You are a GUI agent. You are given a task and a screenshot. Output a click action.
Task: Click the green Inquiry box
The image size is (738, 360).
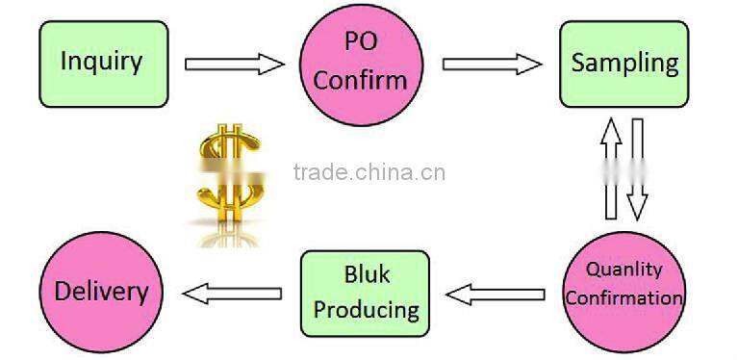click(101, 64)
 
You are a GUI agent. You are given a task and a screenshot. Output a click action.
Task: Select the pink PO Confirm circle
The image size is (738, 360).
click(361, 64)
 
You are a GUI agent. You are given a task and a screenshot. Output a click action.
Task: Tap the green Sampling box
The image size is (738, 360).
click(624, 64)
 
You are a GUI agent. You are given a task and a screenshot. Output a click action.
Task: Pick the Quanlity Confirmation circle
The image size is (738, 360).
click(623, 286)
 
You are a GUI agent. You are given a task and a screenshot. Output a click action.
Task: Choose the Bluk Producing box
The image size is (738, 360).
click(367, 293)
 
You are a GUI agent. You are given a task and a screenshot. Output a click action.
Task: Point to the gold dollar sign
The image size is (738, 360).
click(228, 174)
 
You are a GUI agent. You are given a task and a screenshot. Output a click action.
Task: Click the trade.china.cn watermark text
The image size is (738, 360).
click(369, 173)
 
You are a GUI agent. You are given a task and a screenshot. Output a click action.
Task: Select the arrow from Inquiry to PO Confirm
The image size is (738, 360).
click(235, 64)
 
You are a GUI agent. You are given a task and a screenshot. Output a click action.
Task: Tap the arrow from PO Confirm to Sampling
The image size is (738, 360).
click(492, 64)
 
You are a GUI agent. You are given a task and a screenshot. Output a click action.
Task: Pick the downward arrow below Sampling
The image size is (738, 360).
click(636, 169)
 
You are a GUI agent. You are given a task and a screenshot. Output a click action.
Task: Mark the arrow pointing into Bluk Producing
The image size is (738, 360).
click(495, 293)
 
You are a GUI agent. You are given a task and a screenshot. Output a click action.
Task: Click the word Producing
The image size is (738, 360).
click(367, 310)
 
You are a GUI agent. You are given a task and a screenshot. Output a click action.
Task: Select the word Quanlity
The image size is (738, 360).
click(623, 270)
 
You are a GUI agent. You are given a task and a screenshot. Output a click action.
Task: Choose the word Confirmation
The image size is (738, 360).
click(623, 297)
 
